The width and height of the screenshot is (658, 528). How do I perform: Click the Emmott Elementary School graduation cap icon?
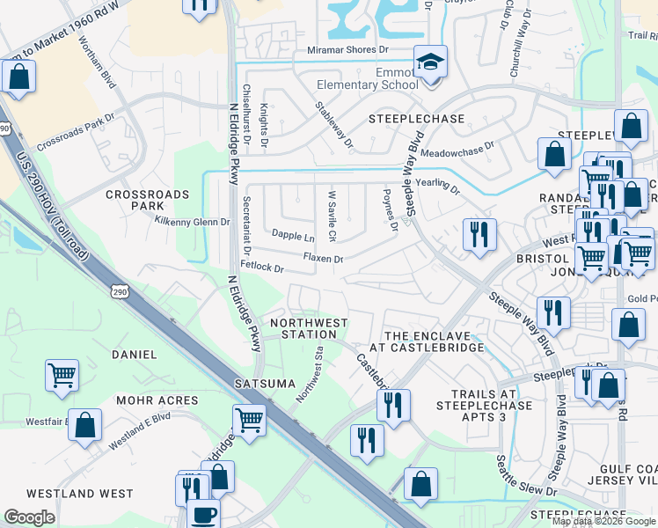(x=429, y=62)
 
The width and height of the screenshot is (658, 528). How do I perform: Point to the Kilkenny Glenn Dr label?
(x=192, y=222)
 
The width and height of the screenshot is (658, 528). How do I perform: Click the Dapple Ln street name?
(x=293, y=236)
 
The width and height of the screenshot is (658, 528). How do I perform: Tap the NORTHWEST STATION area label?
(x=309, y=328)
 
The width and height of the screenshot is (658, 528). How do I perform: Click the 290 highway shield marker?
(x=121, y=291)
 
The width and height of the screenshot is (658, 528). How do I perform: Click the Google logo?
(x=30, y=517)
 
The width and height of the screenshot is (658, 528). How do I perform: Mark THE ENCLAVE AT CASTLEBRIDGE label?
(x=435, y=341)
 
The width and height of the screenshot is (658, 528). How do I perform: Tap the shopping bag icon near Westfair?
(x=84, y=425)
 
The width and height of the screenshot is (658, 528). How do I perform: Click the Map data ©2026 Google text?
(x=603, y=521)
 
